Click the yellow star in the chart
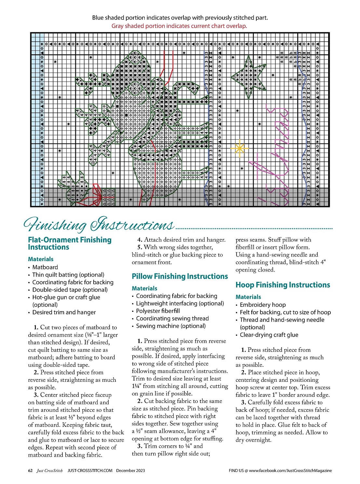click(x=239, y=148)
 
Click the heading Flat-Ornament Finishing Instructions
click(x=70, y=243)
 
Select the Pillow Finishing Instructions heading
click(x=180, y=276)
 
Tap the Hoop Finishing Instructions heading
click(x=283, y=285)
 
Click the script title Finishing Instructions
click(x=99, y=225)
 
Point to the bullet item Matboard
click(x=45, y=267)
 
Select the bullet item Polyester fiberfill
click(x=158, y=311)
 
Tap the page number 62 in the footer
click(x=30, y=470)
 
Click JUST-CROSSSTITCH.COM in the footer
click(x=90, y=470)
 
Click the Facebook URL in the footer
click(x=290, y=470)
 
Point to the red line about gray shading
click(x=179, y=26)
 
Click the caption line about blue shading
click(x=180, y=18)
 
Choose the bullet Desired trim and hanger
click(x=64, y=312)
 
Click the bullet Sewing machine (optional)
click(x=171, y=326)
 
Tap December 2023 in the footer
click(x=130, y=470)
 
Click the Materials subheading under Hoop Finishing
click(x=248, y=297)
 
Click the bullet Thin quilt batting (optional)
click(x=68, y=275)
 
